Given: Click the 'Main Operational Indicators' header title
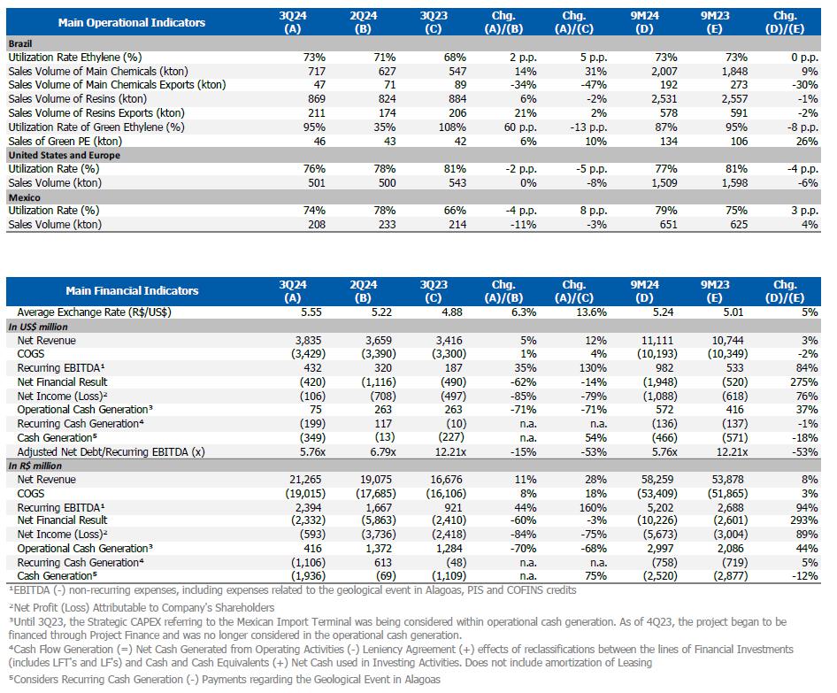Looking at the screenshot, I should (131, 22).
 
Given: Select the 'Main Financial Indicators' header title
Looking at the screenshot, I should (132, 290).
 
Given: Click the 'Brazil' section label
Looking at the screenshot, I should (20, 42).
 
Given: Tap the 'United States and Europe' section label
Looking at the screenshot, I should (64, 155).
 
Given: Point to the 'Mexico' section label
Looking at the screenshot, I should (24, 197).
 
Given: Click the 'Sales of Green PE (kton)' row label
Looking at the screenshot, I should (65, 141).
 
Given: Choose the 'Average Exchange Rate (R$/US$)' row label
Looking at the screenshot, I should (95, 312).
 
